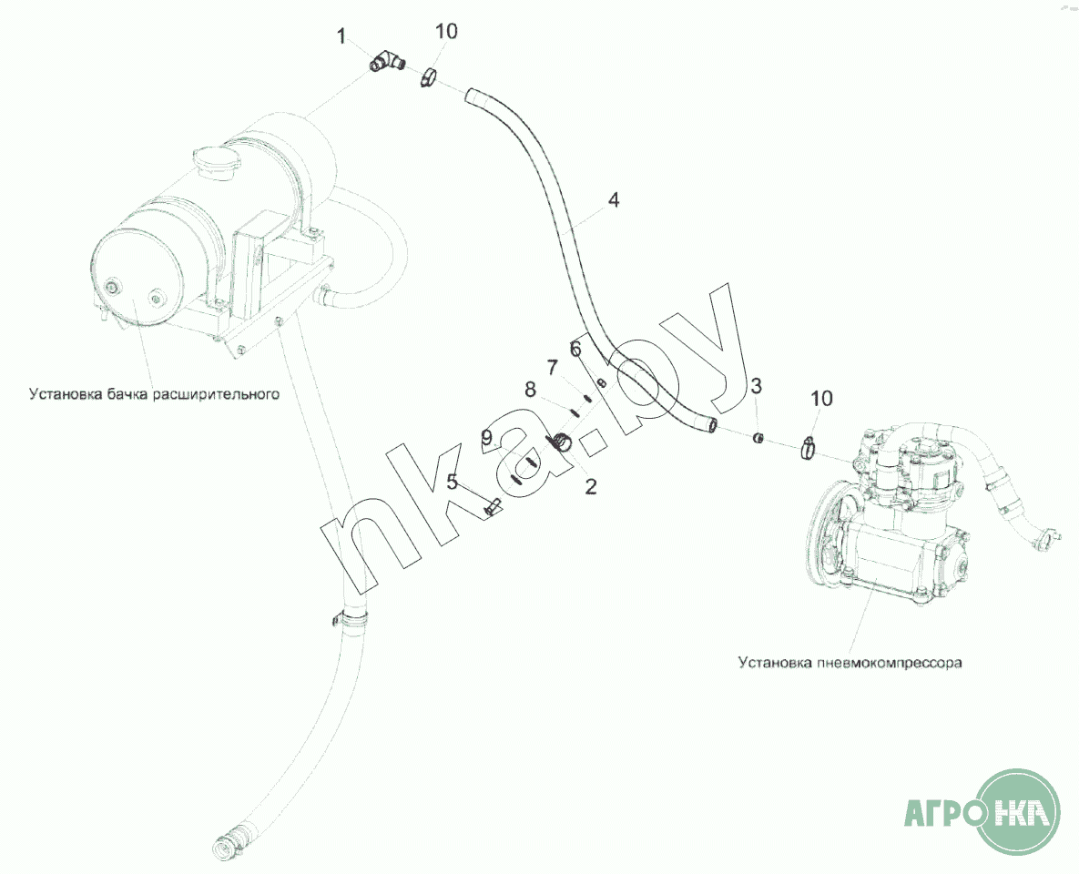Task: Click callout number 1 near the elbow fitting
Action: point(342,36)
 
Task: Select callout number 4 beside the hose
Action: point(613,200)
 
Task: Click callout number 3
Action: point(756,385)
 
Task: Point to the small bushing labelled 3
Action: point(758,437)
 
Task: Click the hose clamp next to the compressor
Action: point(810,449)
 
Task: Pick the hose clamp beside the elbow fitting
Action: point(429,76)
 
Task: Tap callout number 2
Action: point(590,487)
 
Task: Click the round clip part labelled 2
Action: point(562,442)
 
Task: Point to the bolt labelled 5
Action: point(493,509)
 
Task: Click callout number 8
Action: point(530,391)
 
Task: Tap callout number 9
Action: point(486,437)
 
